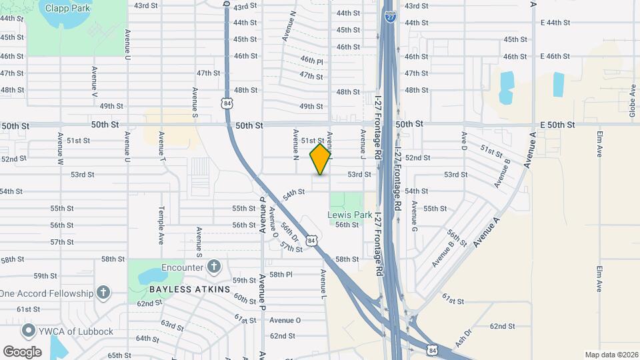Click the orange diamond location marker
pyautogui.click(x=321, y=159)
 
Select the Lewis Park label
pyautogui.click(x=349, y=215)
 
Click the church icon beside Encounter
pyautogui.click(x=213, y=267)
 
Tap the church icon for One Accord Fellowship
pyautogui.click(x=103, y=293)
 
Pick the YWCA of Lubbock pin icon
pyautogui.click(x=28, y=331)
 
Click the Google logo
pyautogui.click(x=22, y=352)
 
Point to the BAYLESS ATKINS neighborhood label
pyautogui.click(x=189, y=289)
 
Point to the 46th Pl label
pyautogui.click(x=311, y=61)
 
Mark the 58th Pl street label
pyautogui.click(x=281, y=274)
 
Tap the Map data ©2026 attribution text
pyautogui.click(x=610, y=354)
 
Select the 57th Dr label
pyautogui.click(x=291, y=247)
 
